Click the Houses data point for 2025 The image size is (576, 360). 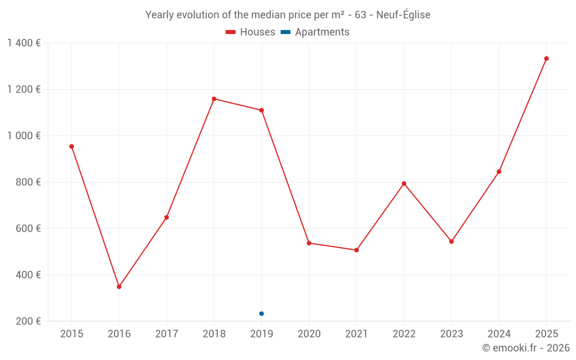pyautogui.click(x=547, y=59)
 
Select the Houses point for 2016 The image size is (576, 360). pyautogui.click(x=119, y=287)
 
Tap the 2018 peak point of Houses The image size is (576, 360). pyautogui.click(x=214, y=99)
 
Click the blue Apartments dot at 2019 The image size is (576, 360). pyautogui.click(x=262, y=314)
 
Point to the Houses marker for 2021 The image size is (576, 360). pyautogui.click(x=357, y=250)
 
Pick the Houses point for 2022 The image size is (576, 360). pyautogui.click(x=404, y=184)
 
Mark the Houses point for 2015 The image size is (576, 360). pyautogui.click(x=71, y=146)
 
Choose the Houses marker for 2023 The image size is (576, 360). pyautogui.click(x=452, y=241)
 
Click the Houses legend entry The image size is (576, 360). pyautogui.click(x=251, y=32)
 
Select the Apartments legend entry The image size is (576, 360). pyautogui.click(x=315, y=32)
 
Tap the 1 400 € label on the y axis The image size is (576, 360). pyautogui.click(x=24, y=43)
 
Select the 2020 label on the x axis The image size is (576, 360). pyautogui.click(x=309, y=334)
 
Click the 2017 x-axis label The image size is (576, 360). pyautogui.click(x=166, y=334)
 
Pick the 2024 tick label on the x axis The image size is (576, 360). pyautogui.click(x=499, y=334)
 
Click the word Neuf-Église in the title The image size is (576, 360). pyautogui.click(x=403, y=15)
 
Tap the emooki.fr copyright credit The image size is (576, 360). pyautogui.click(x=526, y=348)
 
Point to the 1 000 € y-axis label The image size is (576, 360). pyautogui.click(x=24, y=135)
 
